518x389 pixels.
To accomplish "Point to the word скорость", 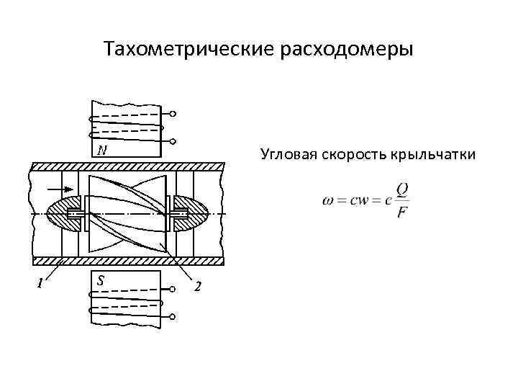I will tap(352, 155).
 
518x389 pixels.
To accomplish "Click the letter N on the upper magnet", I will tap(103, 150).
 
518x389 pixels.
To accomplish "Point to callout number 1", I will tap(40, 284).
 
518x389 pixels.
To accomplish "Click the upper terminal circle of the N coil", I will tap(173, 114).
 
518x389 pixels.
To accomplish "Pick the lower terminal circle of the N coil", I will tap(173, 140).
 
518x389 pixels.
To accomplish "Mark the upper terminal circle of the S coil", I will tap(173, 290).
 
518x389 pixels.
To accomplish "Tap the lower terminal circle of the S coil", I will tap(173, 317).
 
